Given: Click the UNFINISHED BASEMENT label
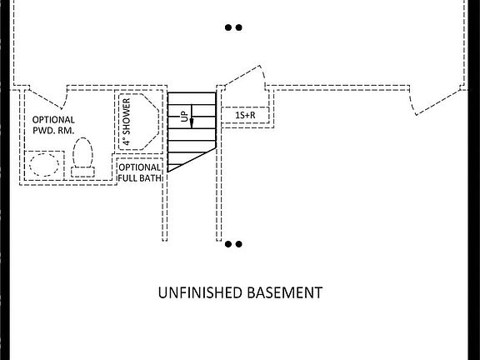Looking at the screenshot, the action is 240,292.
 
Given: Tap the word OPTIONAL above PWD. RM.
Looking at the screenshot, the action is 53,120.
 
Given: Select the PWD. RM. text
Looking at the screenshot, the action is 53,131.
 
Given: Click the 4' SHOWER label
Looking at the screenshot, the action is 127,121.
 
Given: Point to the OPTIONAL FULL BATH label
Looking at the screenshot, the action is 140,172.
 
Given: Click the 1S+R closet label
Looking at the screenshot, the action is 245,115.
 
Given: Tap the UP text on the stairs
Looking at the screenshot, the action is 183,117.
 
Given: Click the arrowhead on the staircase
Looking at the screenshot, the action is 192,123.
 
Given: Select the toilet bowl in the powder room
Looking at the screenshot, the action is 82,152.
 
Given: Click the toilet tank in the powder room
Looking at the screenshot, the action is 82,172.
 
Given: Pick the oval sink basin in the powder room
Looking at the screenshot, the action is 44,165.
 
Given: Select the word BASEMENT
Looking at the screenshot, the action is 285,292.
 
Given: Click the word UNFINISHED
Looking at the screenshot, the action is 200,292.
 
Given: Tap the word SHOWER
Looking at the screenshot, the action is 127,117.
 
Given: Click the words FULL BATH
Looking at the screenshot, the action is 140,177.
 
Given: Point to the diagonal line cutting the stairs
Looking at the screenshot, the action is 192,159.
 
